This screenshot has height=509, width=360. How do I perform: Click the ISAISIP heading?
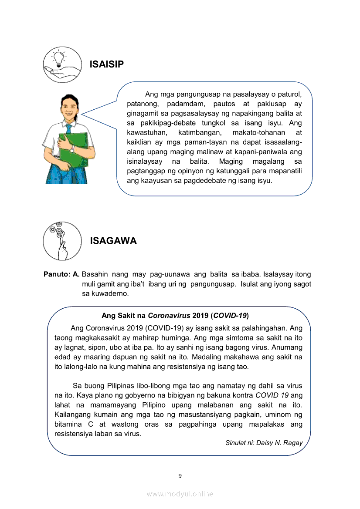pyautogui.click(x=107, y=64)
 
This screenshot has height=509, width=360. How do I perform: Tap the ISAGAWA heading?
pyautogui.click(x=113, y=241)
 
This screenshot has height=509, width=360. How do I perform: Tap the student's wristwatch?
pyautogui.click(x=72, y=149)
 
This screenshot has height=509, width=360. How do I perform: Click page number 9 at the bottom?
pyautogui.click(x=180, y=475)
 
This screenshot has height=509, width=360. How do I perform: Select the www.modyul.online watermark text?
pyautogui.click(x=180, y=494)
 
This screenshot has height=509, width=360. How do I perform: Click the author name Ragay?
pyautogui.click(x=292, y=443)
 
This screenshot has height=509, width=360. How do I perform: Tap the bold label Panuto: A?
pyautogui.click(x=61, y=274)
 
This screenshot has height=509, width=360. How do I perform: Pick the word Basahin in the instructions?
pyautogui.click(x=95, y=274)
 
